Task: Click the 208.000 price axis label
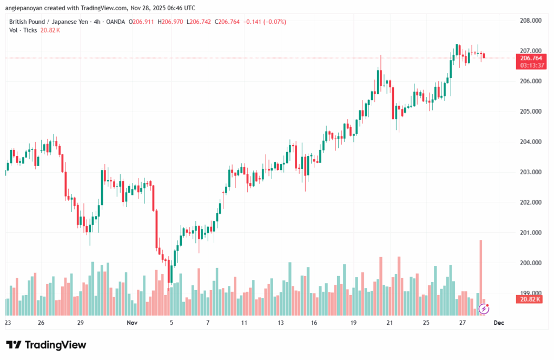pyautogui.click(x=530, y=21)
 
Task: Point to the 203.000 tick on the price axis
pyautogui.click(x=530, y=172)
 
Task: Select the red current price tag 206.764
pyautogui.click(x=531, y=58)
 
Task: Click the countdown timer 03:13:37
pyautogui.click(x=531, y=65)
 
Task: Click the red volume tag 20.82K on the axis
pyautogui.click(x=531, y=299)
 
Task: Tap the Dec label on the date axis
pyautogui.click(x=499, y=323)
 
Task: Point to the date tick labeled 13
pyautogui.click(x=281, y=323)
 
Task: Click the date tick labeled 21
pyautogui.click(x=389, y=323)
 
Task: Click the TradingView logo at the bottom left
pyautogui.click(x=46, y=345)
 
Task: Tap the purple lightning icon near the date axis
pyautogui.click(x=484, y=309)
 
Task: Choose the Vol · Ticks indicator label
pyautogui.click(x=23, y=30)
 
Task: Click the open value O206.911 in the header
pyautogui.click(x=140, y=22)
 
